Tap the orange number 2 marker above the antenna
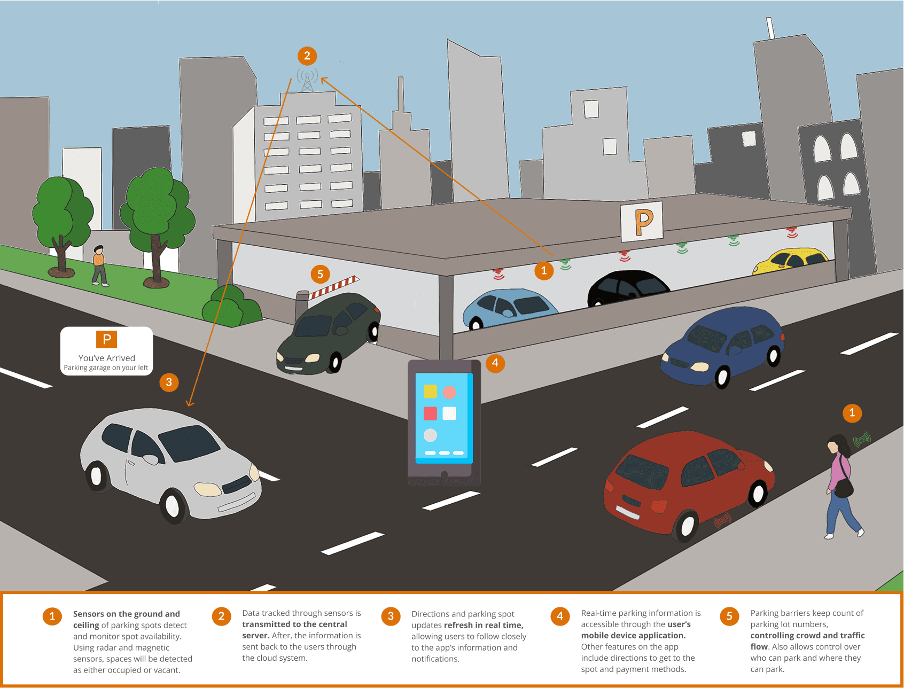click(x=307, y=56)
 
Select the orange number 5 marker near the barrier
click(x=320, y=274)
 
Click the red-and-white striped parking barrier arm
click(x=334, y=286)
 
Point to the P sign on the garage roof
click(x=642, y=221)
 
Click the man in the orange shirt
click(x=99, y=265)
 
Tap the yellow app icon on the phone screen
click(x=430, y=392)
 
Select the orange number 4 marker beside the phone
click(x=495, y=363)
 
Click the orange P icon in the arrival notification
click(x=106, y=339)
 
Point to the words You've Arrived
click(x=107, y=358)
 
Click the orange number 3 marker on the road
click(x=169, y=382)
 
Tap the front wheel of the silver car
click(x=172, y=505)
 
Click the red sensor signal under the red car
click(x=722, y=519)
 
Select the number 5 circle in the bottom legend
click(x=729, y=616)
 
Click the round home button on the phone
click(x=444, y=474)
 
